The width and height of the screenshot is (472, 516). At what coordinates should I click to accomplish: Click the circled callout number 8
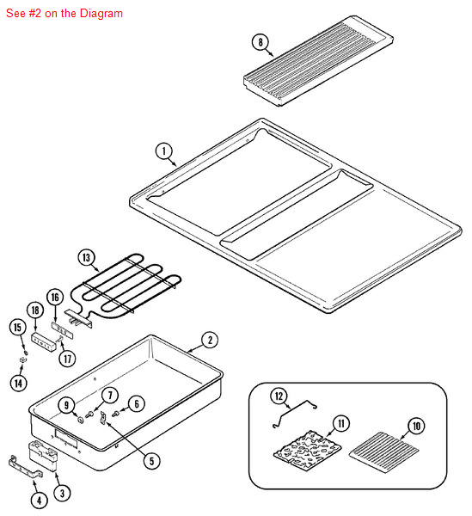[x=261, y=42]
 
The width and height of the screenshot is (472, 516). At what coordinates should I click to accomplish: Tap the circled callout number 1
[x=164, y=151]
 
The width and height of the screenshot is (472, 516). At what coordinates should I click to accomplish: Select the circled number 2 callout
[x=210, y=340]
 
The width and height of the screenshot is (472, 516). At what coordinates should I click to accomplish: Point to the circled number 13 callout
[x=86, y=257]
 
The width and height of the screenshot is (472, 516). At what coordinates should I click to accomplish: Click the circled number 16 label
[x=55, y=298]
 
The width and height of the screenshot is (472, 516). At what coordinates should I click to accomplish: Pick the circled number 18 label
[x=35, y=310]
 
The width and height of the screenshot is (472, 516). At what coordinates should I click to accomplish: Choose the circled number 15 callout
[x=17, y=327]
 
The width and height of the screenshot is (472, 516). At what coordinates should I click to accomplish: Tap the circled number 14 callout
[x=18, y=383]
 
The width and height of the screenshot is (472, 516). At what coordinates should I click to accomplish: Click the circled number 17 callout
[x=67, y=359]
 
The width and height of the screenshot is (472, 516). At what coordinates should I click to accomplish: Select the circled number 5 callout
[x=151, y=461]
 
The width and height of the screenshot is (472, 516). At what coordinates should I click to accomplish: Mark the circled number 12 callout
[x=279, y=396]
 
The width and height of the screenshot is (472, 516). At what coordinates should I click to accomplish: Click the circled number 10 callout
[x=416, y=426]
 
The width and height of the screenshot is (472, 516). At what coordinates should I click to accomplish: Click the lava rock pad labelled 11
[x=308, y=450]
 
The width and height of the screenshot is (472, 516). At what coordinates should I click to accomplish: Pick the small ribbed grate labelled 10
[x=383, y=452]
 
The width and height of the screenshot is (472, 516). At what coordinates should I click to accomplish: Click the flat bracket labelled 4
[x=25, y=467]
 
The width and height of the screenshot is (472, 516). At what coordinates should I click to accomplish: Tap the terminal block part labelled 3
[x=44, y=456]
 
